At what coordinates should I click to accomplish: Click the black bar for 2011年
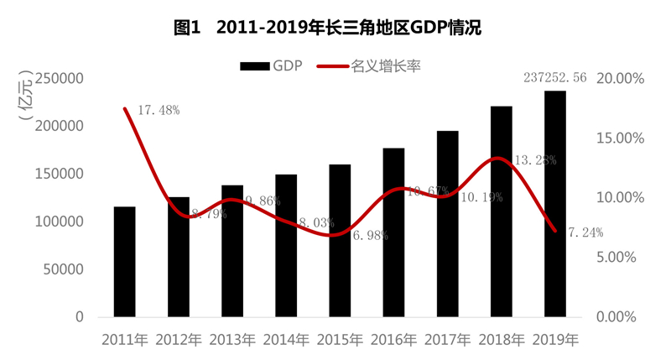click(x=125, y=261)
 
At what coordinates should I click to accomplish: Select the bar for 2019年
click(x=554, y=203)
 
